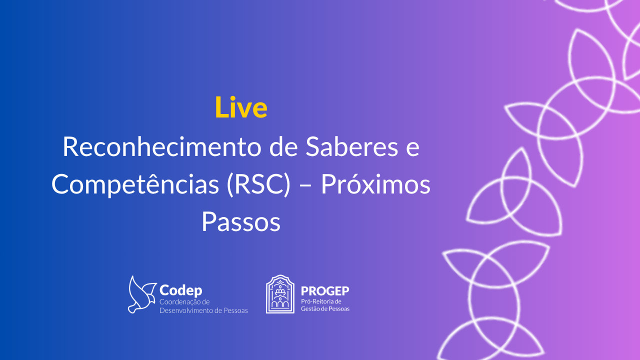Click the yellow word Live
(x=241, y=107)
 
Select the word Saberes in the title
(x=351, y=146)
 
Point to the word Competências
(x=135, y=185)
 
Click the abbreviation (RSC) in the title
(x=258, y=184)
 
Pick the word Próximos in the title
(x=375, y=184)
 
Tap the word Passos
(x=241, y=222)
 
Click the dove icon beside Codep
(x=141, y=294)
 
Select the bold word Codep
(x=181, y=290)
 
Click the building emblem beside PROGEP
(x=280, y=294)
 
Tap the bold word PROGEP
(x=325, y=291)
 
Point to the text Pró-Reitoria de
(x=321, y=301)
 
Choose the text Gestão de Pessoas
(x=325, y=309)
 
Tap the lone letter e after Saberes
(x=412, y=149)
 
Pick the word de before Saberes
(x=283, y=146)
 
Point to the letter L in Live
(x=221, y=107)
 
